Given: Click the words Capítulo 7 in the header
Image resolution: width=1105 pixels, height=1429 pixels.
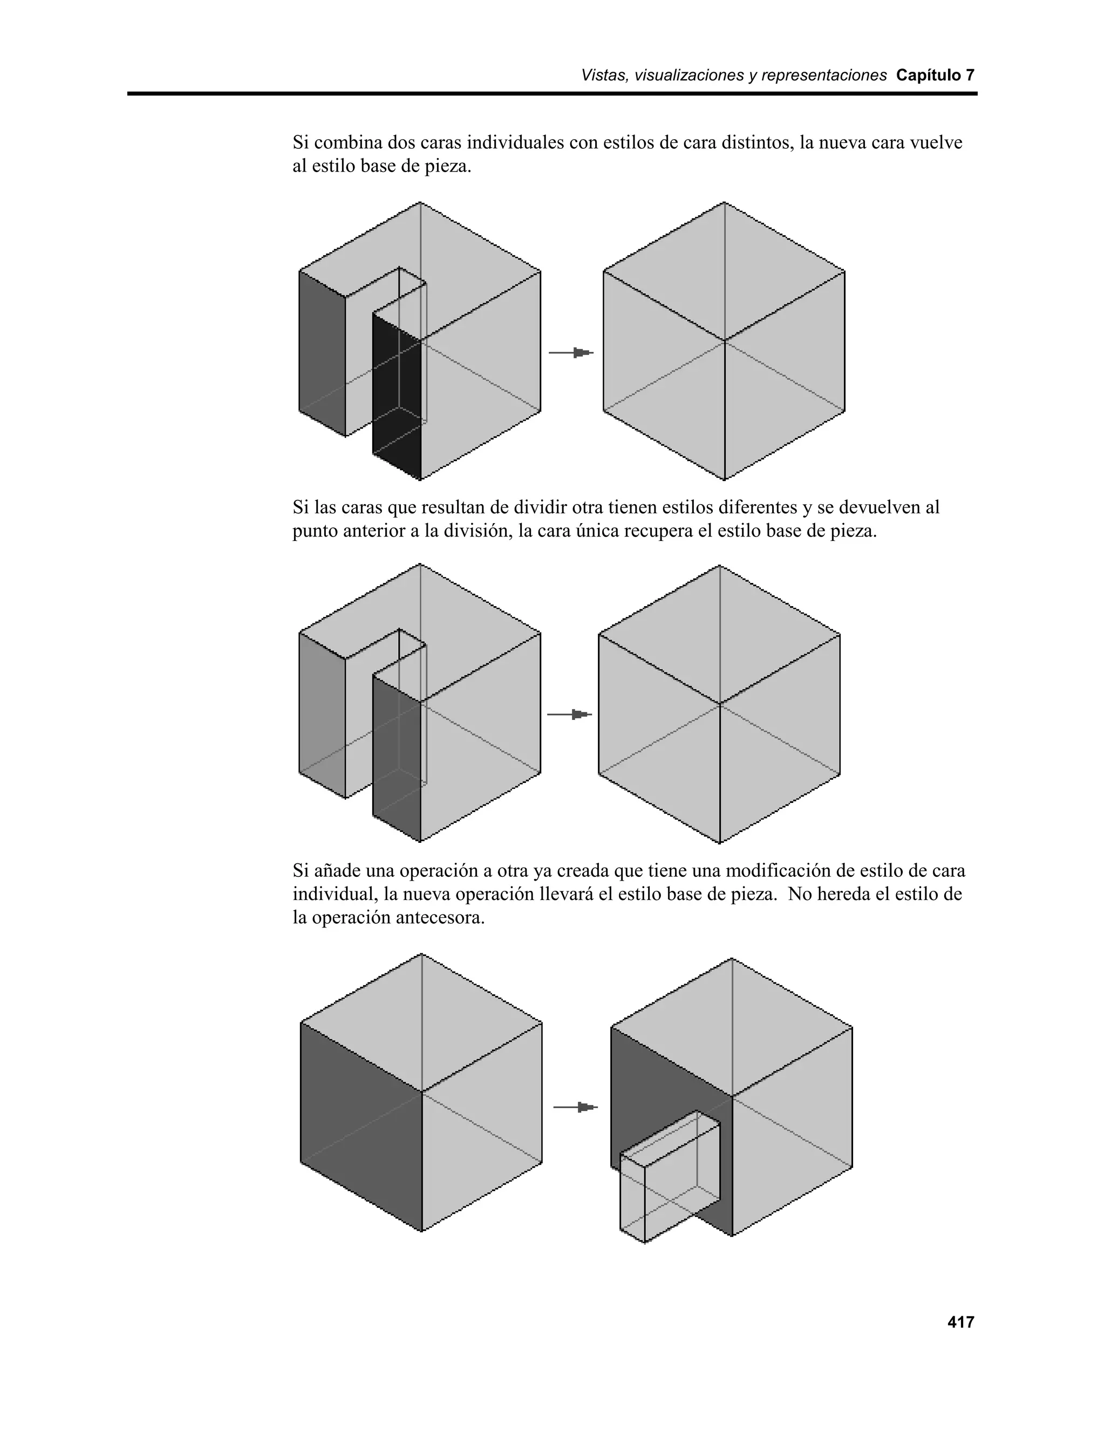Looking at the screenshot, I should [x=935, y=75].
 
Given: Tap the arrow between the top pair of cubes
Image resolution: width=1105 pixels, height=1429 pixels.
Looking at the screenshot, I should [x=571, y=353].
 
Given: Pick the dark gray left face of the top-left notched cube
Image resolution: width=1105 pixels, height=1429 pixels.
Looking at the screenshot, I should [x=322, y=353].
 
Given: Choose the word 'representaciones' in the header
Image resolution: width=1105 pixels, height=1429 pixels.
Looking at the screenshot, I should [x=823, y=75].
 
